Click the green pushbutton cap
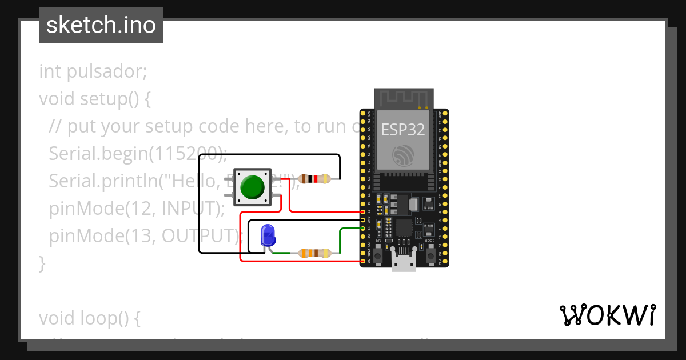click(x=252, y=187)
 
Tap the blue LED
click(x=267, y=235)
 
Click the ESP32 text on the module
click(x=403, y=130)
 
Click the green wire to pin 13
click(x=341, y=240)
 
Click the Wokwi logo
click(x=607, y=315)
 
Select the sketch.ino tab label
click(x=101, y=25)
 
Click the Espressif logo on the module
click(x=403, y=155)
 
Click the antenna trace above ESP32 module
click(x=404, y=98)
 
